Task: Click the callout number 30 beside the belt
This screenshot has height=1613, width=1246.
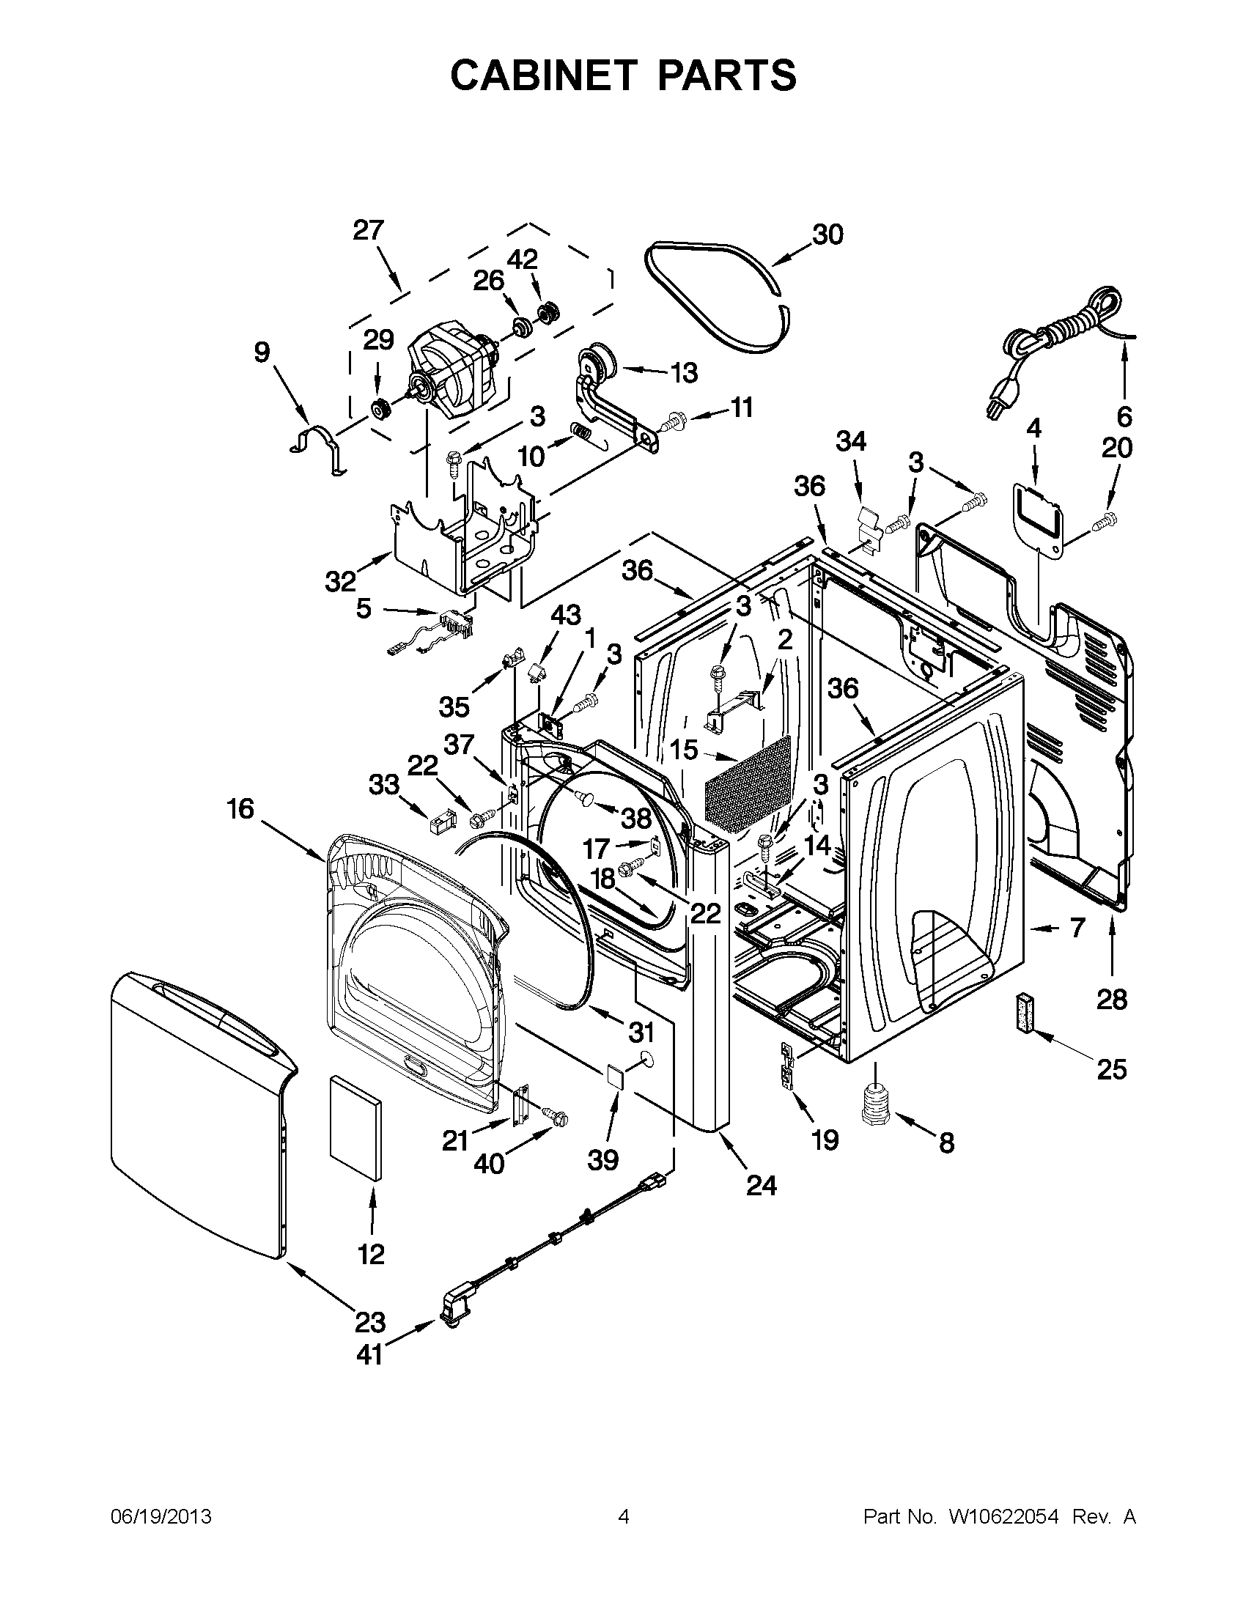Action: point(827,235)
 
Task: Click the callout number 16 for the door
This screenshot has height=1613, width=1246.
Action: point(241,810)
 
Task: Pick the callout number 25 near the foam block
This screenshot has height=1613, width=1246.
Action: point(1111,1068)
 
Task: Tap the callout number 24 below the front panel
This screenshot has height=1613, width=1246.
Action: point(762,1184)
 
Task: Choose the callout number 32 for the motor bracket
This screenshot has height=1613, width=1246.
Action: point(341,582)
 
